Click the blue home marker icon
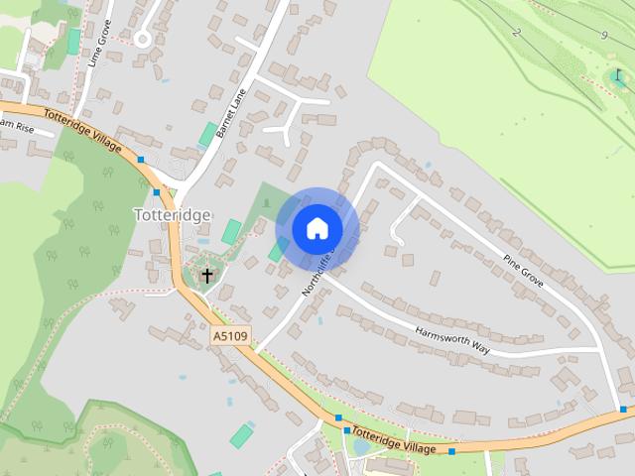coord(317,228)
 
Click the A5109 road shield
coord(230,338)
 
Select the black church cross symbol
coord(207,275)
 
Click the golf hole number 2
coord(516,33)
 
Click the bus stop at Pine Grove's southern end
coord(623,409)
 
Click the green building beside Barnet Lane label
coord(208,134)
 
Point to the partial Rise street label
coord(18,126)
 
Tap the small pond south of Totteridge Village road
coord(361,447)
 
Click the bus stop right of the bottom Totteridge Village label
coord(451,452)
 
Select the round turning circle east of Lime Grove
coord(144,40)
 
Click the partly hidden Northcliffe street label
coord(319,274)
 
